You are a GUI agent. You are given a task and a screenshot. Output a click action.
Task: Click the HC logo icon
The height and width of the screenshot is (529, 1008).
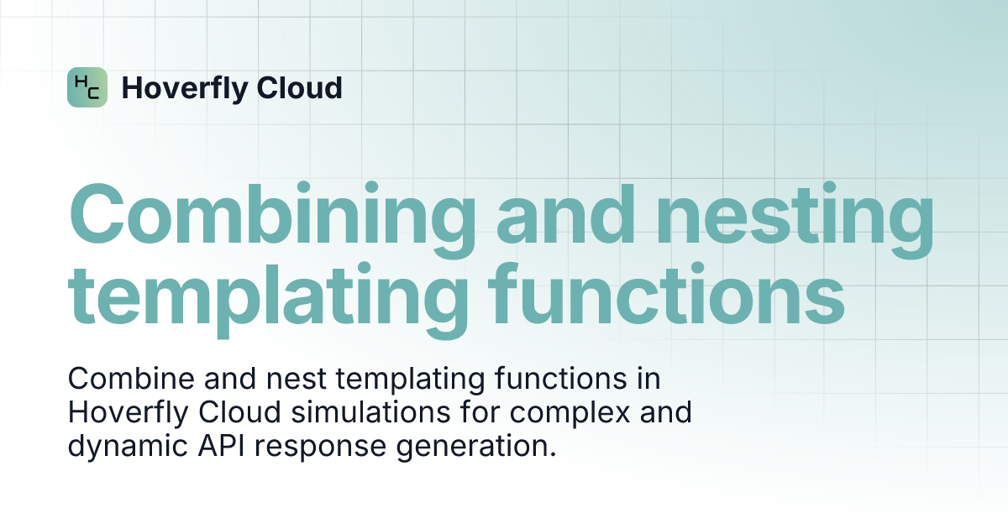tap(87, 87)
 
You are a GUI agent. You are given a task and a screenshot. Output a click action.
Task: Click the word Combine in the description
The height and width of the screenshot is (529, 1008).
tap(124, 380)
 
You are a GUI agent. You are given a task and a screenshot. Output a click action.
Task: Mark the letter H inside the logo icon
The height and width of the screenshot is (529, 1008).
tap(81, 81)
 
